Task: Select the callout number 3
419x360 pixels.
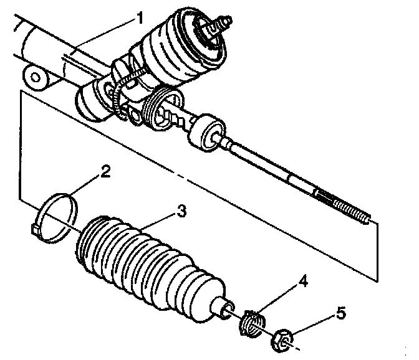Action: tap(181, 212)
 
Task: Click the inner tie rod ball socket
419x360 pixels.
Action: tap(206, 132)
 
